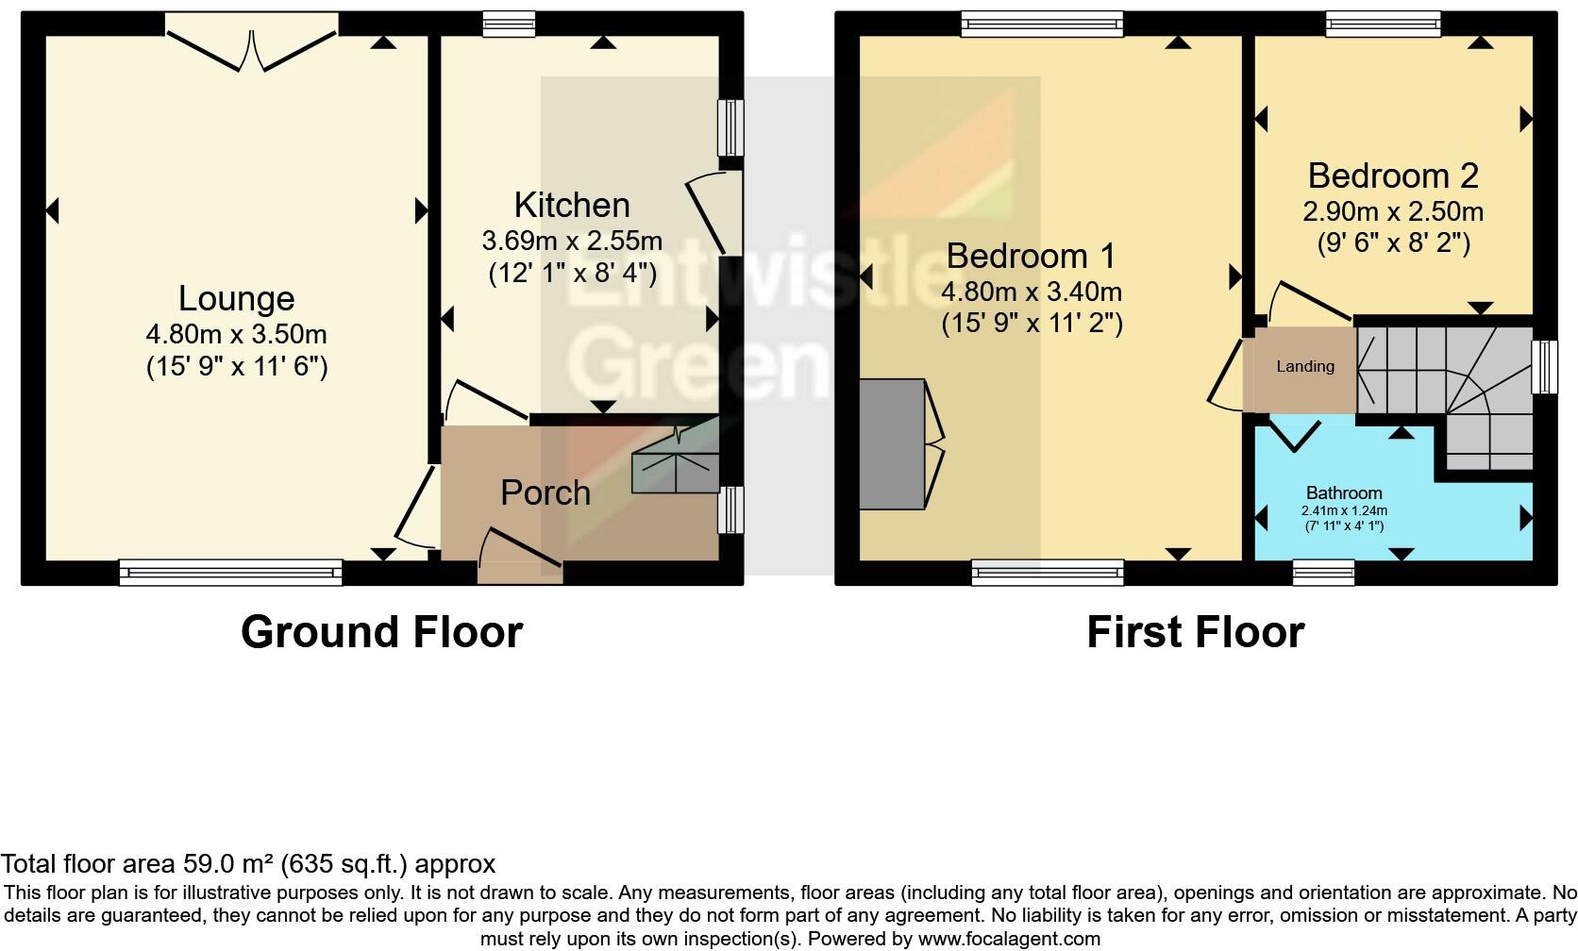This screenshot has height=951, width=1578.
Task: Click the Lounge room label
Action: pos(236,299)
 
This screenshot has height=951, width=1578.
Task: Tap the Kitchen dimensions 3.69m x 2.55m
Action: pos(572,241)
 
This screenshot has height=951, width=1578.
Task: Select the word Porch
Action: pos(545,492)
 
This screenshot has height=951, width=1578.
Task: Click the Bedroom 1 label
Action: pos(1031,256)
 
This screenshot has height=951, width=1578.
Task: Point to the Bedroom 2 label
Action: pos(1392,175)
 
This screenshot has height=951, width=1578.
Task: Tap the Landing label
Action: pos(1305,366)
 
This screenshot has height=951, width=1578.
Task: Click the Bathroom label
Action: pos(1343,492)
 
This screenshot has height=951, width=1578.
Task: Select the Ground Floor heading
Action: pos(381,631)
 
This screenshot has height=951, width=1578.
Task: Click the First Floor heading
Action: pos(1195,631)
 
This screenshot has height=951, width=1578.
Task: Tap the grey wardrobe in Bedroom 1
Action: pos(892,443)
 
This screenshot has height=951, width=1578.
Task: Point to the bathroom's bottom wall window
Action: pos(1323,571)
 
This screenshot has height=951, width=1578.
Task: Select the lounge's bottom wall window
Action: pos(230,571)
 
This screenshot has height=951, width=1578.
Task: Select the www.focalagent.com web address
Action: pos(1008,939)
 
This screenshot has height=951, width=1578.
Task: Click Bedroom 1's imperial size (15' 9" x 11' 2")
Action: pos(1031,324)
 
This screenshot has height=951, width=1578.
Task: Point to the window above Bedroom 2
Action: pos(1383,24)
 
